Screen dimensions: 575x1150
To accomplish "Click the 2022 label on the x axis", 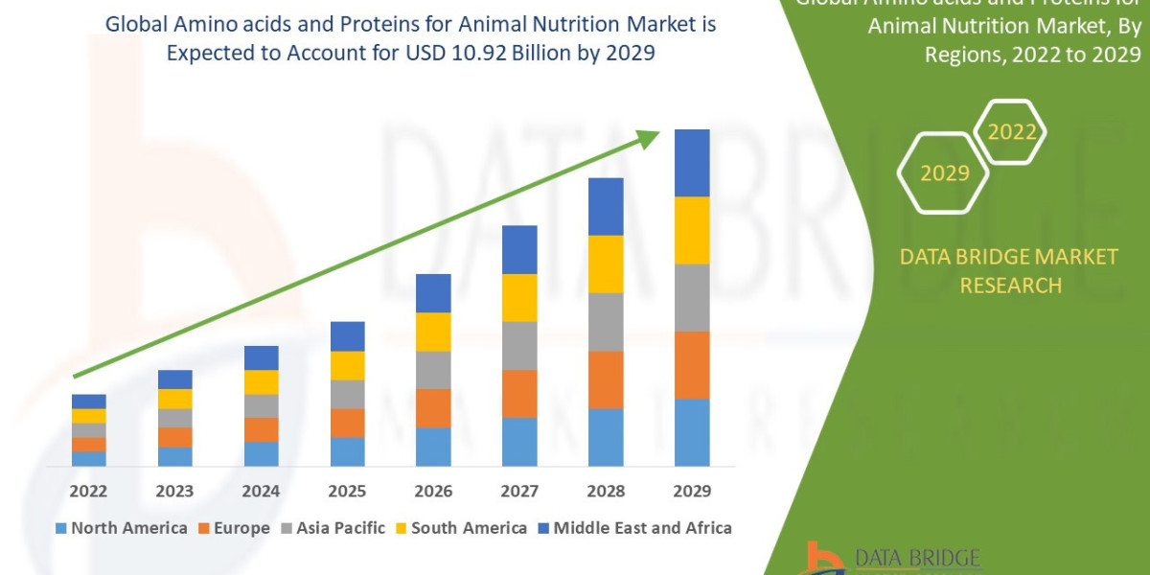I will (88, 491).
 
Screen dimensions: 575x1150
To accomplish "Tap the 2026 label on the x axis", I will (433, 491).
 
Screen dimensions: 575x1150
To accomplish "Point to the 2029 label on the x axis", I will (692, 491).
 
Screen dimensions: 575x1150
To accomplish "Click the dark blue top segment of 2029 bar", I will (692, 163).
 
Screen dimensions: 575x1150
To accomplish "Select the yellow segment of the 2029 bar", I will (692, 230).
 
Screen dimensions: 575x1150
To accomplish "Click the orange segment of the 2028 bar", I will (606, 379).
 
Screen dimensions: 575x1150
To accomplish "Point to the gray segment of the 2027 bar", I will (519, 345).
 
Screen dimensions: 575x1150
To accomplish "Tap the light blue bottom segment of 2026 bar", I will (433, 447).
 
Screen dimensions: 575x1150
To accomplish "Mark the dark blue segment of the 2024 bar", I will (261, 357).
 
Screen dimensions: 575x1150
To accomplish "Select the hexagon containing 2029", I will (944, 173).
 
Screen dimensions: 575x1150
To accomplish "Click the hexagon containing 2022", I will (1010, 132).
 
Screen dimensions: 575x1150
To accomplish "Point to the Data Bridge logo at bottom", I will (891, 558).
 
